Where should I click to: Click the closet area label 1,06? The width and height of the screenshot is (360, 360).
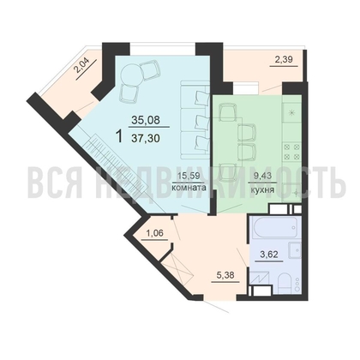[x=154, y=231]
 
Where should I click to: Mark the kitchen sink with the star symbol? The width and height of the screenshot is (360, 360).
[x=292, y=112]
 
